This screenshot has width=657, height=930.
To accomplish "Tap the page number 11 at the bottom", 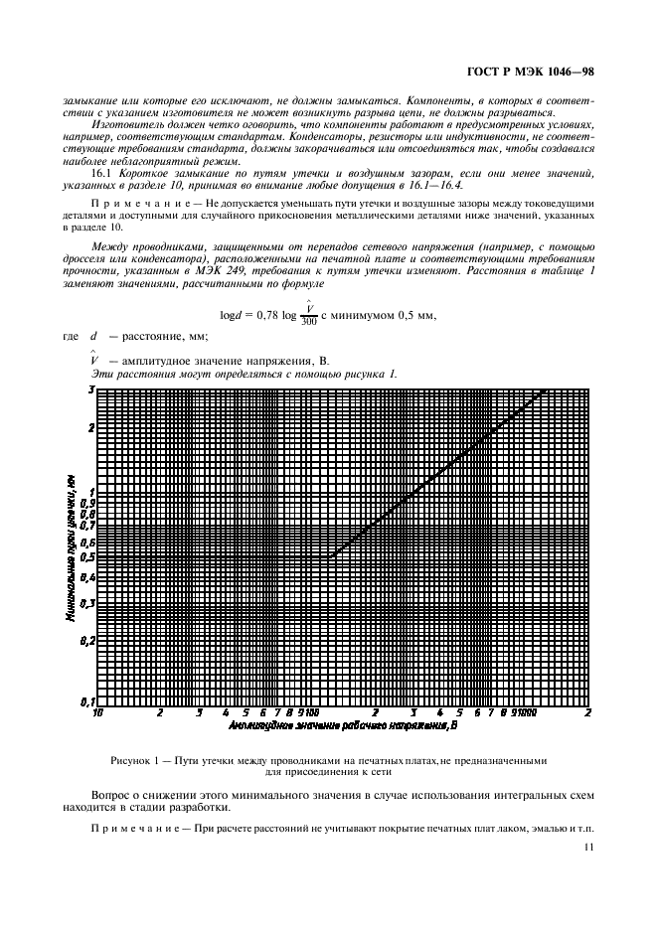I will [588, 847].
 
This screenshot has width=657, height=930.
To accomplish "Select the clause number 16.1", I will [102, 173].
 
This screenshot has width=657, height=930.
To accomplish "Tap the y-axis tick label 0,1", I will [87, 701].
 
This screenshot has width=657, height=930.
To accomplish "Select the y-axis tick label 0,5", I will [87, 558].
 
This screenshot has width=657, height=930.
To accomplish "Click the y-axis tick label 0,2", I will [87, 640].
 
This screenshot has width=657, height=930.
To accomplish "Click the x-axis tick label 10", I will [97, 713].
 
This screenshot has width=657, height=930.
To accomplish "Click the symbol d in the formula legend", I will [94, 337].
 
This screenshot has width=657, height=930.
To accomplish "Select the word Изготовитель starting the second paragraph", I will [126, 125].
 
